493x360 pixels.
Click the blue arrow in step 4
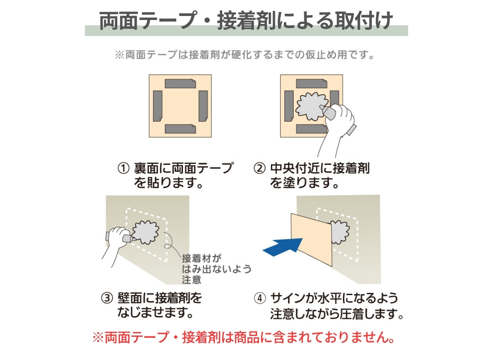click(283, 247)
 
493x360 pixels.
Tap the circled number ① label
click(123, 168)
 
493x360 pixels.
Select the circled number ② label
click(259, 168)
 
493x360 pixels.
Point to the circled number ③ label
click(107, 298)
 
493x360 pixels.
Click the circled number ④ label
click(260, 298)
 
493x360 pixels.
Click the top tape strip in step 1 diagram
click(180, 84)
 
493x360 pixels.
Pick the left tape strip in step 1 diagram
click(158, 106)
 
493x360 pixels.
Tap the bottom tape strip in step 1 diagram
click(180, 129)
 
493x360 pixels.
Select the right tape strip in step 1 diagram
click(203, 106)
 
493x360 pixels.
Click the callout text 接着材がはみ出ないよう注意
click(217, 269)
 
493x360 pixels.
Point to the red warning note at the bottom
click(244, 337)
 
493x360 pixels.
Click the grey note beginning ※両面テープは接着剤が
click(245, 55)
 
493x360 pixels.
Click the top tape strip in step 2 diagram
click(311, 84)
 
